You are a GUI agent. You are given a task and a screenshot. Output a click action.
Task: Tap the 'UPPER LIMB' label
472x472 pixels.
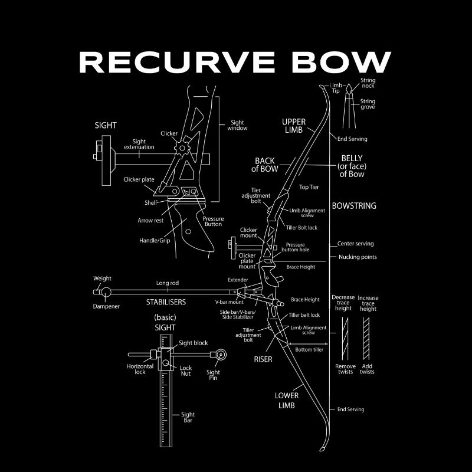tap(294, 126)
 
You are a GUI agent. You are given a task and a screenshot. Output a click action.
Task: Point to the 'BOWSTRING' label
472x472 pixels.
tap(354, 206)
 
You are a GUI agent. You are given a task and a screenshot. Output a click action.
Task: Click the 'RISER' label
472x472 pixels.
tap(263, 359)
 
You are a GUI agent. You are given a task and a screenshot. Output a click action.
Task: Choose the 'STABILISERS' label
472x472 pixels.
tap(166, 301)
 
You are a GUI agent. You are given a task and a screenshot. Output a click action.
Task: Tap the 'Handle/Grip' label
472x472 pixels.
tap(155, 241)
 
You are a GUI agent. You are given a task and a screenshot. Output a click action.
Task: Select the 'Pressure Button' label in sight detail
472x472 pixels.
tap(213, 221)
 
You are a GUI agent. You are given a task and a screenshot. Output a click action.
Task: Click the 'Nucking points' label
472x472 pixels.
tap(358, 257)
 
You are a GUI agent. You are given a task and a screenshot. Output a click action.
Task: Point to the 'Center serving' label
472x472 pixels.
tap(355, 244)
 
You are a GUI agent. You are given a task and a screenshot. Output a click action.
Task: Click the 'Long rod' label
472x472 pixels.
tap(168, 283)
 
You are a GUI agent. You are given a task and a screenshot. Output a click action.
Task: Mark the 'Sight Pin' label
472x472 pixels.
tap(213, 375)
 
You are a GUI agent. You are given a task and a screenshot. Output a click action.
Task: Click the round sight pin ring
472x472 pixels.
tap(221, 355)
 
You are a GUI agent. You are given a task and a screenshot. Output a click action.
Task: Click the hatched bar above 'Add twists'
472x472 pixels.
tap(367, 337)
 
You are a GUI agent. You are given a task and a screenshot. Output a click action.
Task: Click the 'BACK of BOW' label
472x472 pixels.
tap(265, 165)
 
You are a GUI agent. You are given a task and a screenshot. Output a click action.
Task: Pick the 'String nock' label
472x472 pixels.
tap(368, 83)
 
